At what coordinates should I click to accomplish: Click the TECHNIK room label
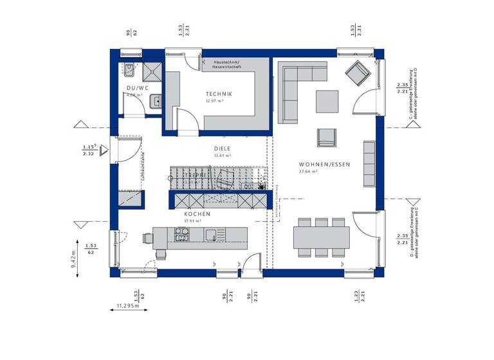pos(219,93)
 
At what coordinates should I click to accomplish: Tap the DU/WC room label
pos(137,88)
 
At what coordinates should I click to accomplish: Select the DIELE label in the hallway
pos(222,147)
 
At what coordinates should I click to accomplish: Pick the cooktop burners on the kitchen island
pos(181,237)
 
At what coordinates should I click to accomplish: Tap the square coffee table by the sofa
pos(326,100)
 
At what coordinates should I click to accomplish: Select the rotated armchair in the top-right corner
pos(357,73)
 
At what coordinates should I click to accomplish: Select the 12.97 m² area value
pos(214,101)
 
